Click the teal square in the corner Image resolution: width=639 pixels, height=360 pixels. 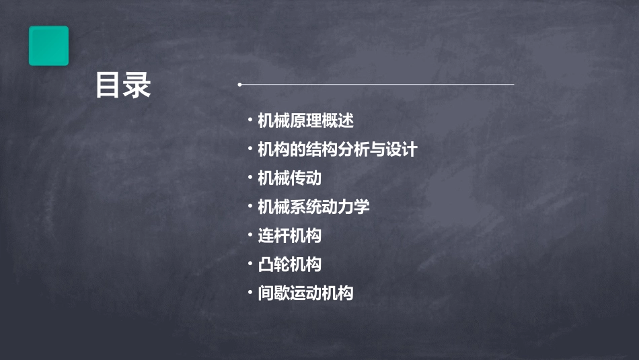point(48,46)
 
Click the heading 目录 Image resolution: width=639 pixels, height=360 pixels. point(122,85)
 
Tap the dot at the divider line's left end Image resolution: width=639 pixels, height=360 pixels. point(239,85)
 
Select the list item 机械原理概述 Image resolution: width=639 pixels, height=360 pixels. point(305,121)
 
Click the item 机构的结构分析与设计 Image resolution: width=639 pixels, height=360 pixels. point(337,149)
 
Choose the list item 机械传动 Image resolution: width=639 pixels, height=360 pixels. point(289,178)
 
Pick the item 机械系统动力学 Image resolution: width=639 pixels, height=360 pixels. point(313,207)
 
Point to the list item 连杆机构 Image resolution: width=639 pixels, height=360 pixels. point(289,236)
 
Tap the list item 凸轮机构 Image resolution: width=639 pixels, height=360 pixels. point(289,264)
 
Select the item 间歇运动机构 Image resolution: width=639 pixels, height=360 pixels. point(305,293)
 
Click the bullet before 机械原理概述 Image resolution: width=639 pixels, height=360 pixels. point(250,121)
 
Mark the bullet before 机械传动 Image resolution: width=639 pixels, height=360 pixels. point(250,178)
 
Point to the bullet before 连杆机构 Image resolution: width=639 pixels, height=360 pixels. point(250,236)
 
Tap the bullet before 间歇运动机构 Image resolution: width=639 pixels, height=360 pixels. point(250,293)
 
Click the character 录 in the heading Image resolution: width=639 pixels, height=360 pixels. point(137,85)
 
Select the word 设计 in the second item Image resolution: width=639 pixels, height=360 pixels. point(401,149)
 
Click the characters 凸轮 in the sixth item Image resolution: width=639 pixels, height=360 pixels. point(274,264)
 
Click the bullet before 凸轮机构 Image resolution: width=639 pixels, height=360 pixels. point(250,264)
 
